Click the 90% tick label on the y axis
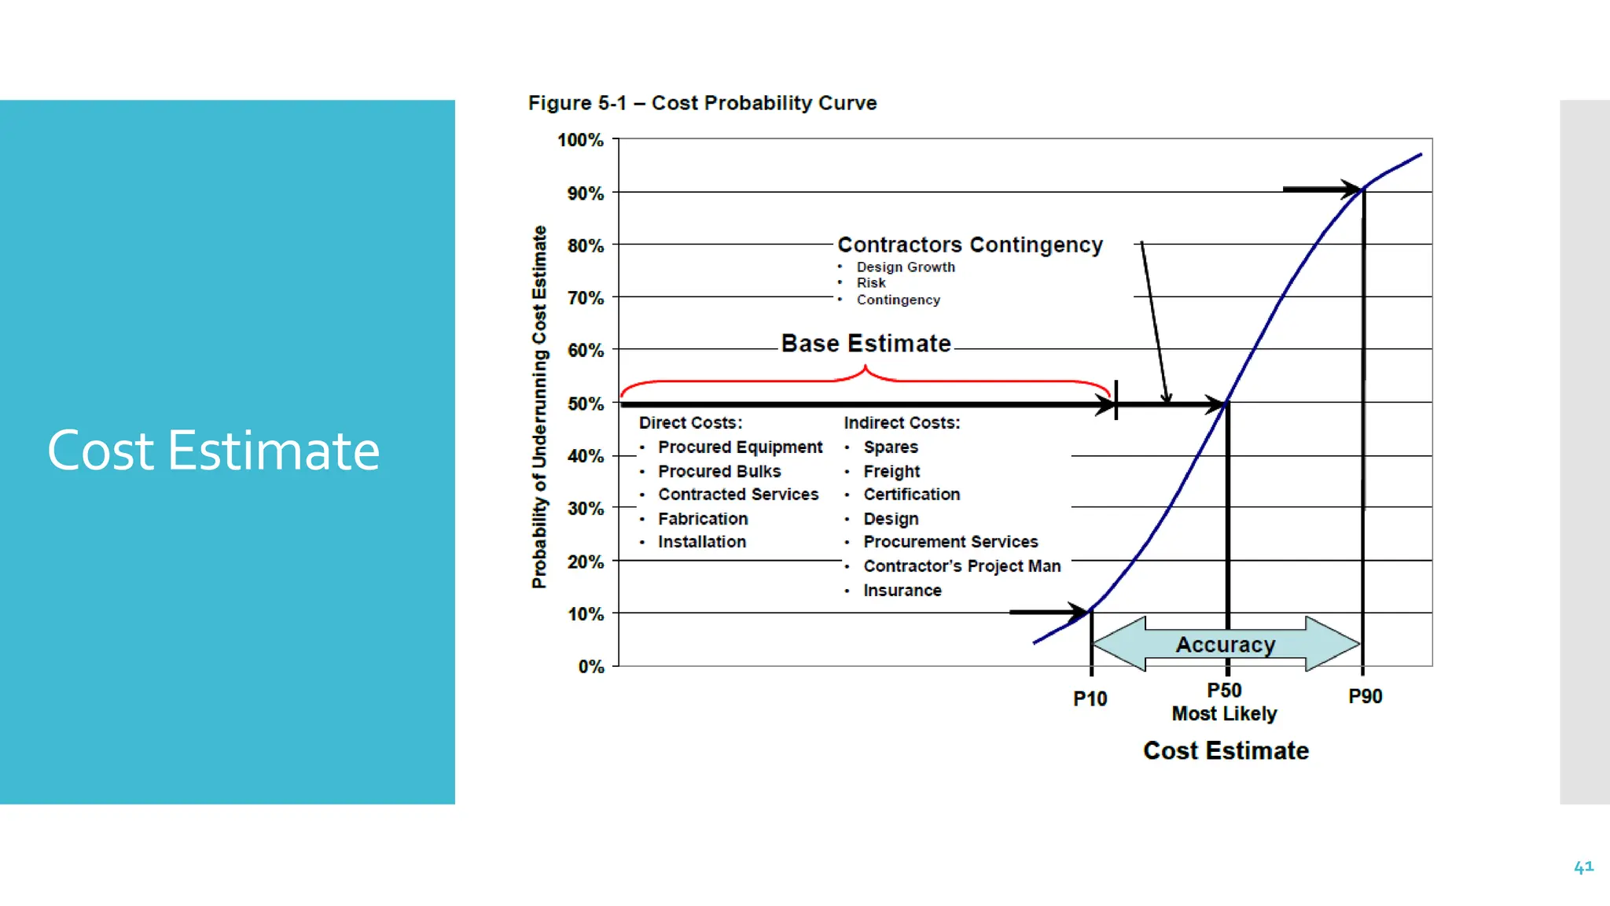pos(586,193)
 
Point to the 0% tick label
pos(591,667)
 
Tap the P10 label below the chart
pos(1090,698)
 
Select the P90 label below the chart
pos(1365,696)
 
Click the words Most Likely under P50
pos(1224,714)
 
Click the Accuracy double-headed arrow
pos(1226,644)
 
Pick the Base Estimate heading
pos(866,344)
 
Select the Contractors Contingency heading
pos(970,245)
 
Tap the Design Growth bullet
pos(906,267)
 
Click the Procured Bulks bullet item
pos(719,471)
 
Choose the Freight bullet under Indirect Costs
pos(891,471)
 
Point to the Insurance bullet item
pos(902,591)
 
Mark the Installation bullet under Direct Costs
pos(702,542)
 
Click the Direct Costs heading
pos(690,422)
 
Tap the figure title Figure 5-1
pos(702,103)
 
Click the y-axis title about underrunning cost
pos(539,407)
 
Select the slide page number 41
pos(1583,867)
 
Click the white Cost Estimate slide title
pos(213,451)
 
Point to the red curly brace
pos(866,379)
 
